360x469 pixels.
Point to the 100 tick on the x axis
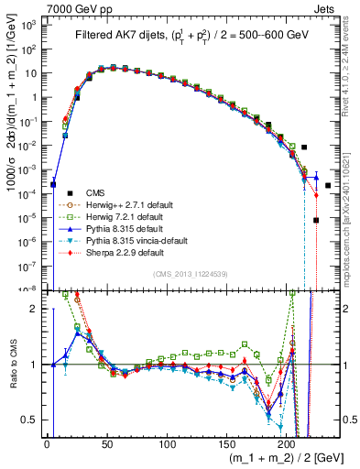click(167, 444)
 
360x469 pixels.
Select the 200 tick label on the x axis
click(287, 444)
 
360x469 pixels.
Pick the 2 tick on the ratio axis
click(38, 308)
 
